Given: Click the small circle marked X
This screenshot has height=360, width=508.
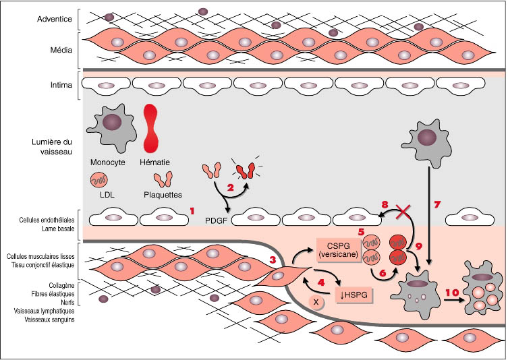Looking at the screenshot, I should point(316,302).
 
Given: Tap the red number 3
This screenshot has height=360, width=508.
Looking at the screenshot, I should point(273,260).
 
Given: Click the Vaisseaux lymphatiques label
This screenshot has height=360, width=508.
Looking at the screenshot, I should point(40,311).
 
